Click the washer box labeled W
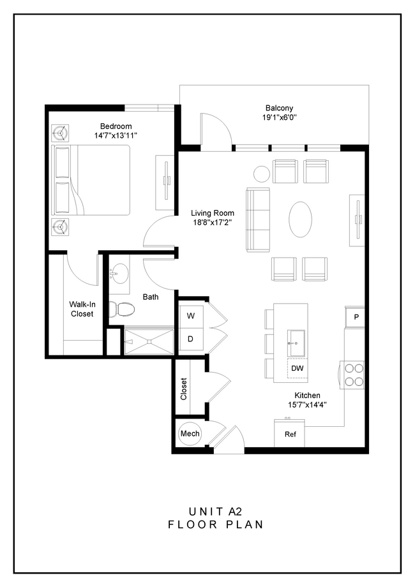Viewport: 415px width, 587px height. (x=191, y=315)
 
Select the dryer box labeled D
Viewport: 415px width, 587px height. (x=191, y=339)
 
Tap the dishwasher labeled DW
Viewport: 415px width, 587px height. (x=297, y=368)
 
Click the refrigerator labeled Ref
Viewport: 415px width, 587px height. (x=290, y=435)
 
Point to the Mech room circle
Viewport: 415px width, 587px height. (x=190, y=434)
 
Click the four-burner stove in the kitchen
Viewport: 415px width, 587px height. (x=354, y=375)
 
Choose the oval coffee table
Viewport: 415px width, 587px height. (x=301, y=219)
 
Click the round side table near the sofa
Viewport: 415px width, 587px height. (x=262, y=173)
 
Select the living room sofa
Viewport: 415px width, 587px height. (x=259, y=219)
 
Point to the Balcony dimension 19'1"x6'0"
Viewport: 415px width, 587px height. (x=279, y=118)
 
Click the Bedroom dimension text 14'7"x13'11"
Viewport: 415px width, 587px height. (x=116, y=136)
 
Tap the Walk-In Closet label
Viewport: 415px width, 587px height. (x=81, y=309)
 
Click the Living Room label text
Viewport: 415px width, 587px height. (x=213, y=213)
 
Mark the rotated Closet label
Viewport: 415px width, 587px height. (x=184, y=389)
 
